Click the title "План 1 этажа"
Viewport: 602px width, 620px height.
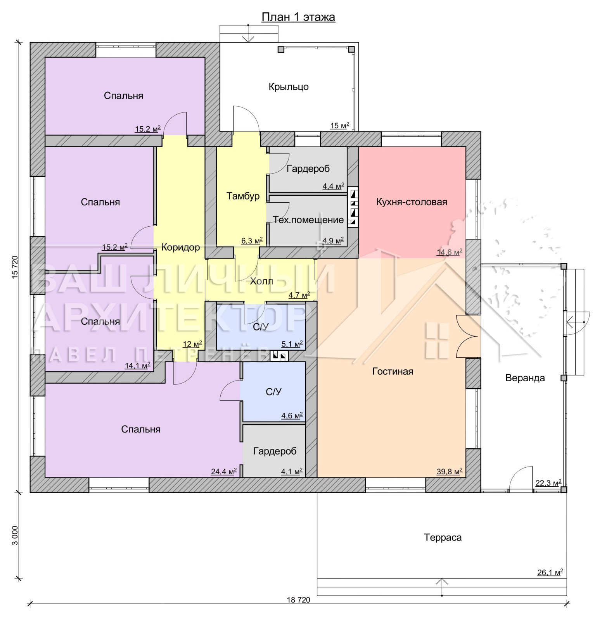298,17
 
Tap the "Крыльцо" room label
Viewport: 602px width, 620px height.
289,87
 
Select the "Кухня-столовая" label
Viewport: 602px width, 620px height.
412,202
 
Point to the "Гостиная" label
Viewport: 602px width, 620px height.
393,371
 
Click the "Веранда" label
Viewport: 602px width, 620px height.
525,378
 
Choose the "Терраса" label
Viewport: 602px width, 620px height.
443,537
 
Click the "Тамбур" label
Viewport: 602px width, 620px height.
243,196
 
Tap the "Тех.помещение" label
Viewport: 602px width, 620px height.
308,220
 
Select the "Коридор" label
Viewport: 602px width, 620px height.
180,247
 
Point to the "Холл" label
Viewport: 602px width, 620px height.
261,281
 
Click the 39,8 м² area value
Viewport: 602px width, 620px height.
449,472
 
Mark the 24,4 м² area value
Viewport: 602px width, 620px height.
224,472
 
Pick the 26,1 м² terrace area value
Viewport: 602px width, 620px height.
550,572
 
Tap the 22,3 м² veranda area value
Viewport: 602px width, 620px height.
548,483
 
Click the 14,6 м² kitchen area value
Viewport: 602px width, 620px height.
450,253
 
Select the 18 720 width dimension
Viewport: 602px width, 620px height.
298,600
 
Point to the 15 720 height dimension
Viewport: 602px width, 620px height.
15,267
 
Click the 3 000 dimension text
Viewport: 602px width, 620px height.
15,535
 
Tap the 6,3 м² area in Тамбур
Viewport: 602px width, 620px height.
252,241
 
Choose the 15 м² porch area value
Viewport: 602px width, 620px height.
340,126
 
